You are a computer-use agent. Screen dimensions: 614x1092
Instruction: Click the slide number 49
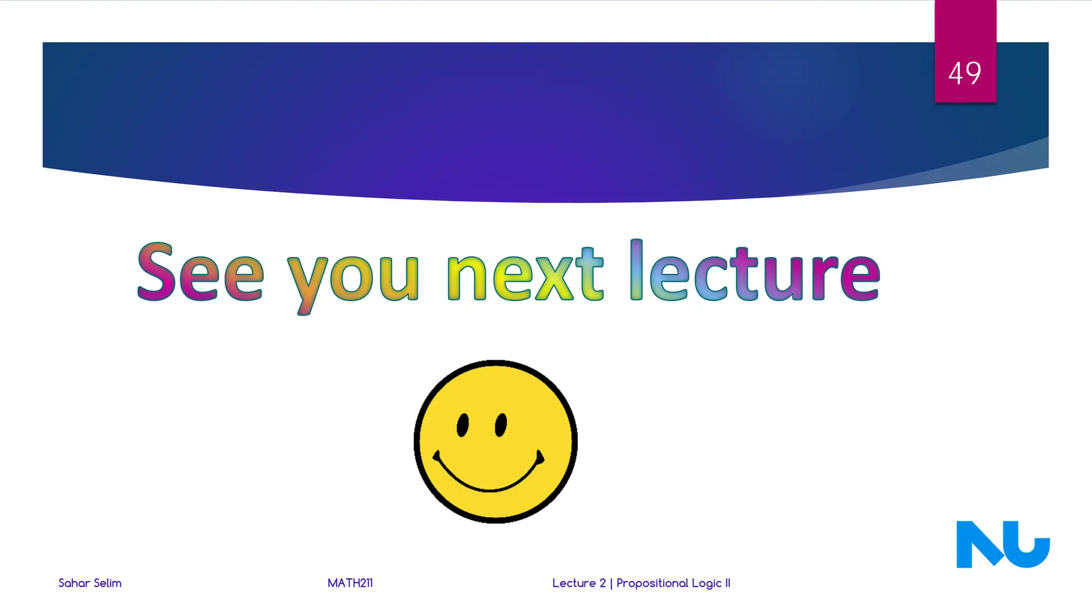pos(965,73)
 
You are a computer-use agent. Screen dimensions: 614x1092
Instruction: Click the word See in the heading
pos(200,272)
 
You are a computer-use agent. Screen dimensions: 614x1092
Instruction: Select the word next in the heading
pos(525,274)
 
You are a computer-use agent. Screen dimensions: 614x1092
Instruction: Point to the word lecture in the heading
pos(754,272)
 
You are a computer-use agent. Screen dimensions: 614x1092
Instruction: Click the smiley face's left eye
pos(463,425)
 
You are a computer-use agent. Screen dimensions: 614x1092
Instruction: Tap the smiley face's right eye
pos(501,425)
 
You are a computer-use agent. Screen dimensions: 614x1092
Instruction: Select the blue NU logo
pos(1002,545)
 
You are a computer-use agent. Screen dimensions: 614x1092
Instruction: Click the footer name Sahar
pos(74,583)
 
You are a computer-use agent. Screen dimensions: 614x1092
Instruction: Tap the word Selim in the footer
pos(108,583)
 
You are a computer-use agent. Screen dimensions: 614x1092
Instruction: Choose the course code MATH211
pos(350,583)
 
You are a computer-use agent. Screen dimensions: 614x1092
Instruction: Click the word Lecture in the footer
pos(574,583)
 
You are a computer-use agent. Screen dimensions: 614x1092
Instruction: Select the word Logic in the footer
pos(706,584)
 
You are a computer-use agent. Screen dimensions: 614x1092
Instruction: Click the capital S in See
pos(156,272)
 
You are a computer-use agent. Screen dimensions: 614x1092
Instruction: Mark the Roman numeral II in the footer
pos(727,583)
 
